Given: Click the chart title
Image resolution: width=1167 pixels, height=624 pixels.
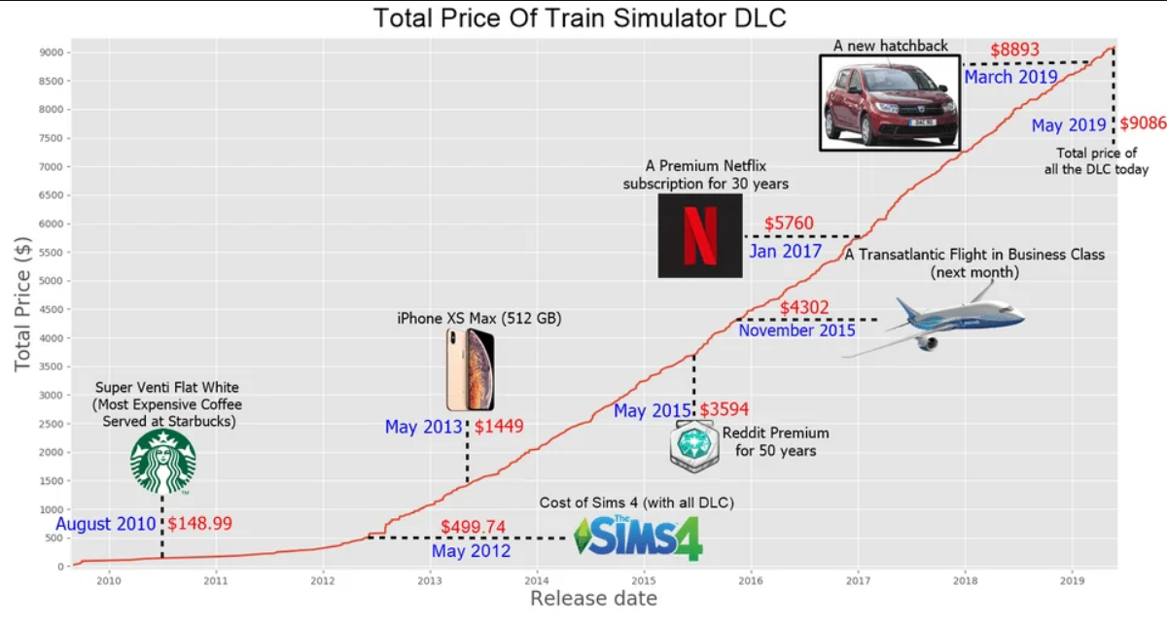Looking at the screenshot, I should pyautogui.click(x=580, y=17).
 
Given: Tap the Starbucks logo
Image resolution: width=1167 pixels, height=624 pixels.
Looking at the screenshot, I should pyautogui.click(x=163, y=462).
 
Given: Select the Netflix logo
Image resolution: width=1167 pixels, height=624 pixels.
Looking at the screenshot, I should pyautogui.click(x=700, y=236).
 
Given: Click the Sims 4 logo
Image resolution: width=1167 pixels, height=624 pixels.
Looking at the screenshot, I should pyautogui.click(x=638, y=537).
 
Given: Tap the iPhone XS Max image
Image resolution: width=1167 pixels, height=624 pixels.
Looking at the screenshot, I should pyautogui.click(x=471, y=369).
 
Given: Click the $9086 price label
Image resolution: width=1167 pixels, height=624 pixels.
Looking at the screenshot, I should pyautogui.click(x=1143, y=124).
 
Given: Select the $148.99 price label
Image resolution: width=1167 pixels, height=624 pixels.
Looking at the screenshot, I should pyautogui.click(x=200, y=524).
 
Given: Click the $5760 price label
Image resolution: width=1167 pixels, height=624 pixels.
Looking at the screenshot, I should pyautogui.click(x=789, y=224).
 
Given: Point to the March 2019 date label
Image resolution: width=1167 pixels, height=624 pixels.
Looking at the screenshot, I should pyautogui.click(x=1010, y=77).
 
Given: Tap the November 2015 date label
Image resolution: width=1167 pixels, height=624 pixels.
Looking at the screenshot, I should pyautogui.click(x=796, y=330).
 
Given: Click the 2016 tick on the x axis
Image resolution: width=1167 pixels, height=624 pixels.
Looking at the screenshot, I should pyautogui.click(x=751, y=581).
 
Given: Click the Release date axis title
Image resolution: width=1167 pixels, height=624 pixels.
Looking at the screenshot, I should pyautogui.click(x=593, y=599).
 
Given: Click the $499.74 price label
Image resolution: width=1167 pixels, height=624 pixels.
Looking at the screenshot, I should pyautogui.click(x=473, y=527).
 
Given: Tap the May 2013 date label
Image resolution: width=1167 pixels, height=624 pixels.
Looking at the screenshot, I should pyautogui.click(x=423, y=427).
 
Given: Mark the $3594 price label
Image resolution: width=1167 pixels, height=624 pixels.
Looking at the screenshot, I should pyautogui.click(x=725, y=410).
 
